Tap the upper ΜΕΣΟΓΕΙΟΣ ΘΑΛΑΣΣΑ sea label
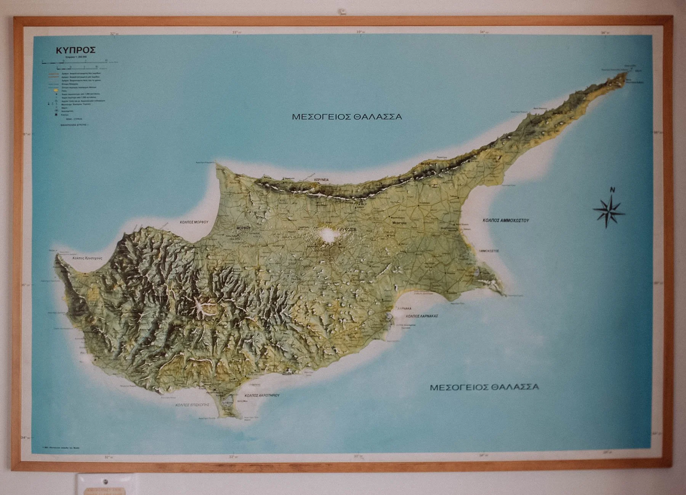coord(347,117)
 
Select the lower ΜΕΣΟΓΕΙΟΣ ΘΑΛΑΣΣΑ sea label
coord(484,388)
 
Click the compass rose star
coord(609,211)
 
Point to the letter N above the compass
coord(612,190)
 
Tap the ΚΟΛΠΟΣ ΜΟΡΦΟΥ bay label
coord(196,221)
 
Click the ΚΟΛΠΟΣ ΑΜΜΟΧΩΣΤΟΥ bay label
coord(506,220)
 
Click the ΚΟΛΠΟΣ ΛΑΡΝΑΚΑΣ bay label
coord(422,316)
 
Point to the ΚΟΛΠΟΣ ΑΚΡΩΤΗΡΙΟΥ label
coord(262,396)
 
